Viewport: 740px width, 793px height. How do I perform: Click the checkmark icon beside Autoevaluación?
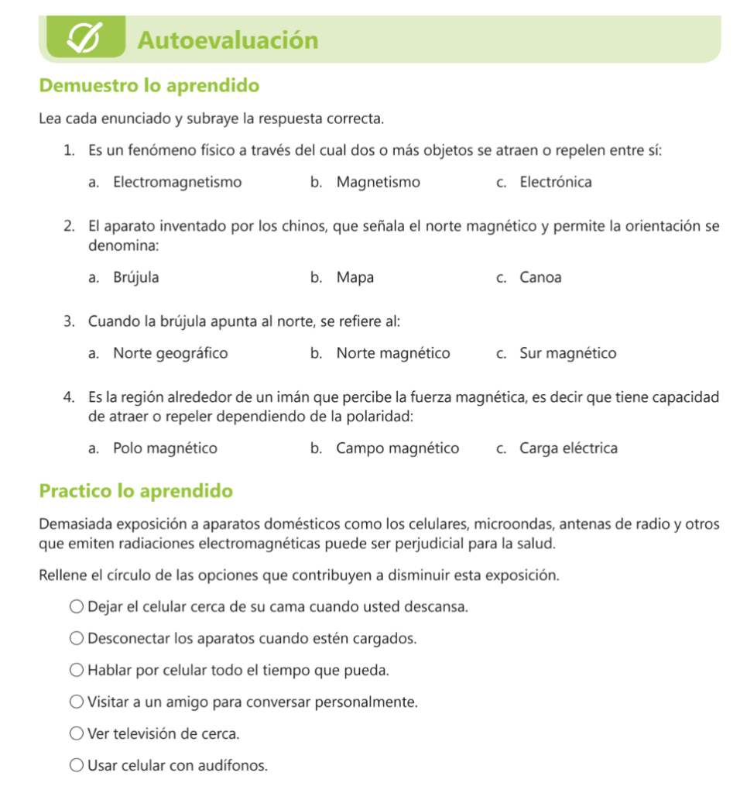(85, 38)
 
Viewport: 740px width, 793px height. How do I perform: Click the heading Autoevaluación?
(228, 39)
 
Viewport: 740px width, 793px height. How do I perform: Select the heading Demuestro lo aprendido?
(149, 85)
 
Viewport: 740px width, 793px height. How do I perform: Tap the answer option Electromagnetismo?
(177, 183)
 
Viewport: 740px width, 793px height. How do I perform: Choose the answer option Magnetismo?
(378, 183)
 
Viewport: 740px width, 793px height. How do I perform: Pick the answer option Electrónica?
(555, 183)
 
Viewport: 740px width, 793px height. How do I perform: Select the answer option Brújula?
(136, 277)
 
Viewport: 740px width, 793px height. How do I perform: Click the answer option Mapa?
(355, 277)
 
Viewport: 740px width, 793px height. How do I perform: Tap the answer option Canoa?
(540, 277)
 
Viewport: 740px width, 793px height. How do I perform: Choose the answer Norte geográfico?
(170, 354)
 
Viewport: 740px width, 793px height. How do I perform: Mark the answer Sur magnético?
(567, 354)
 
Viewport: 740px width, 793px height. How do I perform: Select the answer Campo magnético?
(397, 448)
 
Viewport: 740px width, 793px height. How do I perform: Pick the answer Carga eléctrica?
(568, 448)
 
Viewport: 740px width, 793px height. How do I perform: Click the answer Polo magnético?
(165, 448)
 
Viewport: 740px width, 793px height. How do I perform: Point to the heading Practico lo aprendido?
(135, 491)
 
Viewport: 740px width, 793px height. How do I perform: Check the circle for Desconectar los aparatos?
(77, 639)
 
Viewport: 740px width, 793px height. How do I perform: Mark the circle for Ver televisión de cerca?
(77, 733)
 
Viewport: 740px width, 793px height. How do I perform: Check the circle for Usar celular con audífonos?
(77, 766)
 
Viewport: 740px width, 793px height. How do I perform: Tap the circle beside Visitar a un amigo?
(77, 702)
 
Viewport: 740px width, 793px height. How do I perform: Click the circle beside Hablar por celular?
(77, 670)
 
